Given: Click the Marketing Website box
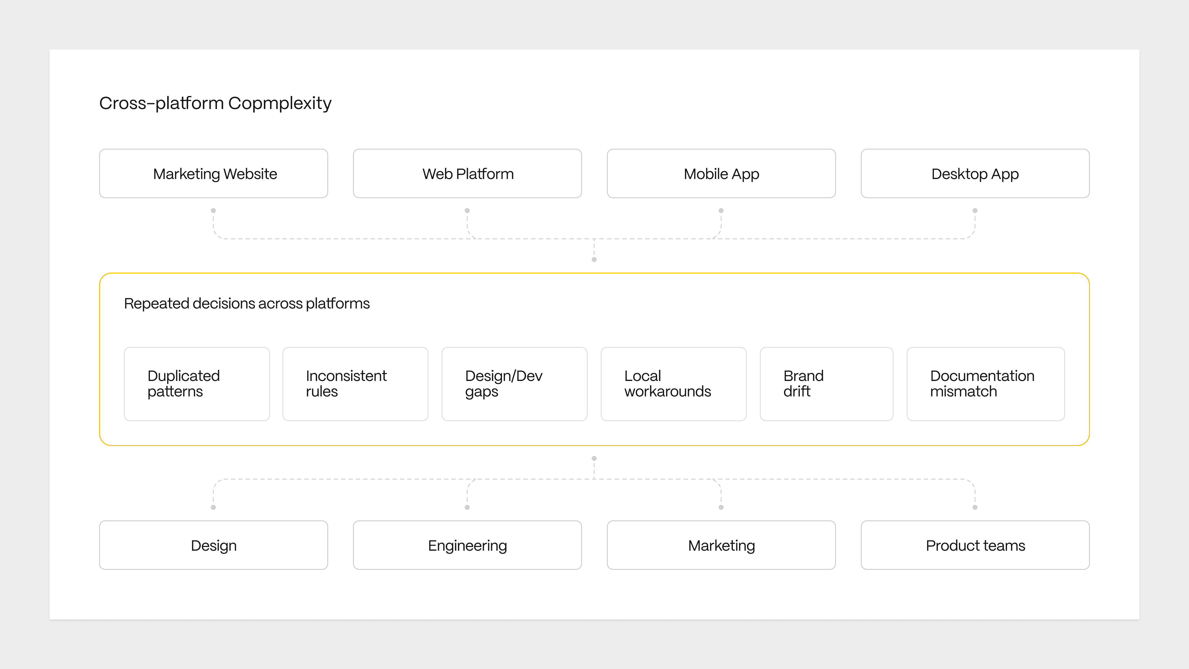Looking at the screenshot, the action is coord(214,173).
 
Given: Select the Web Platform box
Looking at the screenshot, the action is coord(468,173).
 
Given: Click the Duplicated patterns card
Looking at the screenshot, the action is coord(197,384).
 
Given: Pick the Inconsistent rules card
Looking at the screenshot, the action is coord(355,384).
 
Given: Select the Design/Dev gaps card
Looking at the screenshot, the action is coord(515,384).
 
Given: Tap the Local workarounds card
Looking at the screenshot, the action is coord(674,384).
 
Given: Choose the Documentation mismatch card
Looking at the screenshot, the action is coord(986,384).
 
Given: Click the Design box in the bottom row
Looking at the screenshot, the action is coord(214,545).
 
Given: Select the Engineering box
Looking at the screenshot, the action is coord(468,545).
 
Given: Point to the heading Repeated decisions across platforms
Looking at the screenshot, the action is coord(247,303).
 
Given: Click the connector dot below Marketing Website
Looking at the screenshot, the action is coord(213,211).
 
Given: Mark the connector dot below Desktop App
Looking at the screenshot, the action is coord(975,211).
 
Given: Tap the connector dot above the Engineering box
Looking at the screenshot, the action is coord(467,507).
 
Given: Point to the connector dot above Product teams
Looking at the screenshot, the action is coord(975,507).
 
